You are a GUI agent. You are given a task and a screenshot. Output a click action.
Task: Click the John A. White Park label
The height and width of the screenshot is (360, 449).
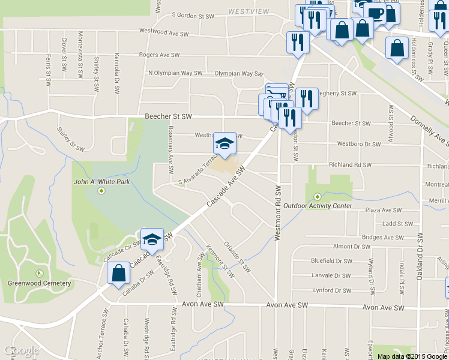coord(101,181)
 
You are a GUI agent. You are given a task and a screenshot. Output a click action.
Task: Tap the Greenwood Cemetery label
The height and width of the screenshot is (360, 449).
coord(39,283)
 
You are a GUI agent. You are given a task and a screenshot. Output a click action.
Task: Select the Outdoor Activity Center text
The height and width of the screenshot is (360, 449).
coord(318,206)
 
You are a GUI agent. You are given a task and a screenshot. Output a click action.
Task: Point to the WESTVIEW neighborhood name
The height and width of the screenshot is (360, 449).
coord(248,11)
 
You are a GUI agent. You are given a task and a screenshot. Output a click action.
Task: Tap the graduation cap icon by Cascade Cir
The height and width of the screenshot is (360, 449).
coord(152,239)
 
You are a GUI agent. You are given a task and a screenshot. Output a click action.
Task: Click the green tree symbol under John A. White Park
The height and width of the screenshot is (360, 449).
coord(101,191)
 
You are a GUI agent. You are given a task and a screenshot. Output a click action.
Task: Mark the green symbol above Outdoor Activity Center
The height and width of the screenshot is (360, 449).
coord(317,196)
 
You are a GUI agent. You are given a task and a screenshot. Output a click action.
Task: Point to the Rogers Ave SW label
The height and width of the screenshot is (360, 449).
coord(159,55)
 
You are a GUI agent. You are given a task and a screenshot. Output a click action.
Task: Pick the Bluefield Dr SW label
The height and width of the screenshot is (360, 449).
coord(331,261)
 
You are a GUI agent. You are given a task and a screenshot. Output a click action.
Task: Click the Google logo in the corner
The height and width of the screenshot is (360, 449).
coord(20,350)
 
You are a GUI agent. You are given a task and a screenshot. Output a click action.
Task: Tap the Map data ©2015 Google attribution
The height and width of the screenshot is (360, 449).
coord(412,356)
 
